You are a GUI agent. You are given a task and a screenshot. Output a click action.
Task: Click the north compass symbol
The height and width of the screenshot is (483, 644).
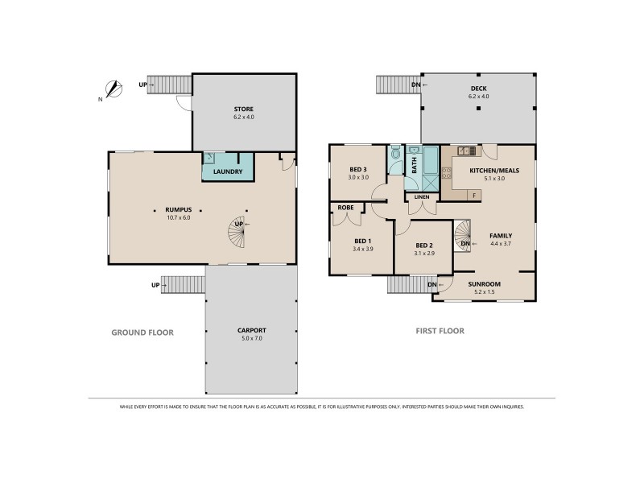pyautogui.click(x=113, y=89)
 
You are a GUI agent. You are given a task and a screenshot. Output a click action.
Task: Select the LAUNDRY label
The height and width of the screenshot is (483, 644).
pyautogui.click(x=227, y=171)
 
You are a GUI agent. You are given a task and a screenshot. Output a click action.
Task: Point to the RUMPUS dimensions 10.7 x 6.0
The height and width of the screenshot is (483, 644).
pyautogui.click(x=178, y=217)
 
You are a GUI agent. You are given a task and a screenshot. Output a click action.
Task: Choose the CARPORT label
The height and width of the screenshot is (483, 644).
pyautogui.click(x=252, y=330)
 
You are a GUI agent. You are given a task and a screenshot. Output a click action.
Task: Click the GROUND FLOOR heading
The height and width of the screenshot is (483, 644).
pyautogui.click(x=142, y=332)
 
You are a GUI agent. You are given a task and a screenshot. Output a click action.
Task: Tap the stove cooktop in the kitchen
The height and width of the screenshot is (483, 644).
pyautogui.click(x=465, y=151)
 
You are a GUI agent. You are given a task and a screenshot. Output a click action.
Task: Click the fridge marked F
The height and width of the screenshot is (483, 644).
pyautogui.click(x=474, y=194)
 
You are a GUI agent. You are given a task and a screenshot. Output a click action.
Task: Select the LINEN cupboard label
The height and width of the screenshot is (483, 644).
pyautogui.click(x=422, y=196)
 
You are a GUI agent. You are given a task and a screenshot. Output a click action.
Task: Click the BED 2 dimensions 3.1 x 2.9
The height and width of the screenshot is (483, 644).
pyautogui.click(x=425, y=254)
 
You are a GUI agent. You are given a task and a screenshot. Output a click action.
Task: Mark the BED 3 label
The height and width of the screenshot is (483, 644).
pyautogui.click(x=358, y=168)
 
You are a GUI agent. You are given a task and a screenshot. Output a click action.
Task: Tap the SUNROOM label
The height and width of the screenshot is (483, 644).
pyautogui.click(x=484, y=284)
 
